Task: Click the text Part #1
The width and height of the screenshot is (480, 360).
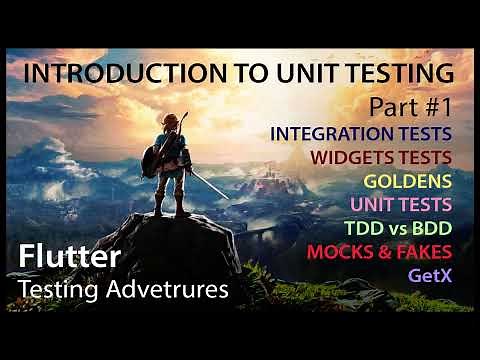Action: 409,105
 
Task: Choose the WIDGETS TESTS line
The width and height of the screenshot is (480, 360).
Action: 380,157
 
